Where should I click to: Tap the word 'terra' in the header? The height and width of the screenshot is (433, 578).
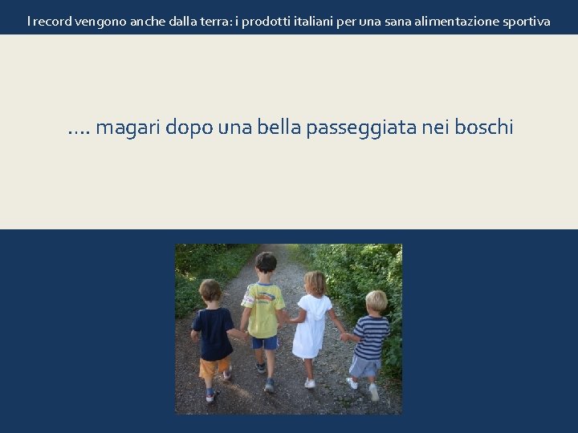click(207, 21)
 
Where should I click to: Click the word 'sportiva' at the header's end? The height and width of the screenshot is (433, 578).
click(525, 21)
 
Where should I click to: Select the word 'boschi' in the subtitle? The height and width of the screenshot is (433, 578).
click(483, 127)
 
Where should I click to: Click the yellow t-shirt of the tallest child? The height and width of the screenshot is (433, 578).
click(263, 309)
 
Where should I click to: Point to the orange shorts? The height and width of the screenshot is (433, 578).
click(213, 369)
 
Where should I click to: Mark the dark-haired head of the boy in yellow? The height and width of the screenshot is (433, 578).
click(265, 262)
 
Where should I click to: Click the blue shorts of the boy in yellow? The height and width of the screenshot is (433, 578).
click(265, 342)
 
